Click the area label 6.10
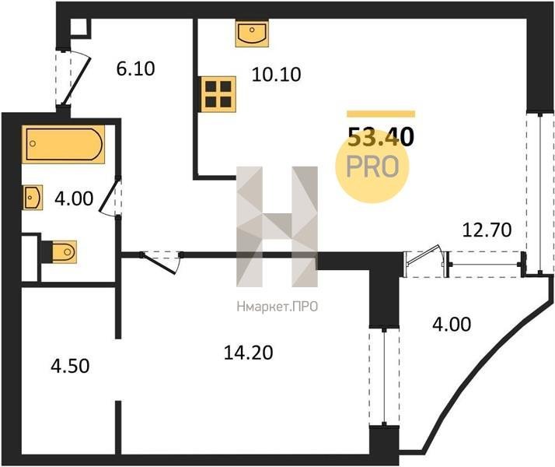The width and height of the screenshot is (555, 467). (136, 68)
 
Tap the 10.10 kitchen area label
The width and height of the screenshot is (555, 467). (276, 75)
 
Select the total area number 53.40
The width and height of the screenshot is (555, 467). (381, 138)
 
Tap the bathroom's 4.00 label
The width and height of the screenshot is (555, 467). (75, 199)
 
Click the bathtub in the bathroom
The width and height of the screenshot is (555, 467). (64, 144)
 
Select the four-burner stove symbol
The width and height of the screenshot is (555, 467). (219, 93)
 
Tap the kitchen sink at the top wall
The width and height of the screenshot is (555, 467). (251, 33)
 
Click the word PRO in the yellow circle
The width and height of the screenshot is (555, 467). (373, 167)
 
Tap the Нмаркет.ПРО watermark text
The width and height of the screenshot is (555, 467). (277, 307)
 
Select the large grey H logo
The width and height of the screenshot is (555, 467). (277, 226)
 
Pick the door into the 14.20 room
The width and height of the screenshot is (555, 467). (161, 261)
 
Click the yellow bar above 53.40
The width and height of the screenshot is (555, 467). (381, 114)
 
